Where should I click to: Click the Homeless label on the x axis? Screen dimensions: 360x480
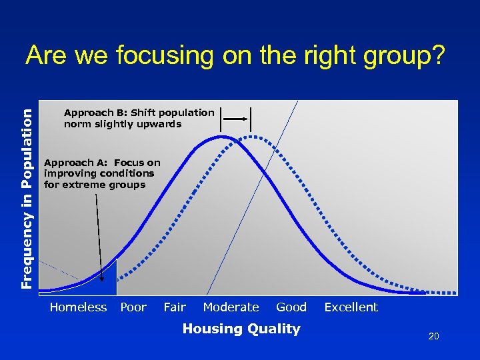78,307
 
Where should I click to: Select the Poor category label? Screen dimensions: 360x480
133,307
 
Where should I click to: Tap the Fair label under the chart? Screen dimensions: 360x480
175,307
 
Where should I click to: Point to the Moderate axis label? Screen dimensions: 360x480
231,307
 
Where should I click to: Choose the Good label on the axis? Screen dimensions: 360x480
291,307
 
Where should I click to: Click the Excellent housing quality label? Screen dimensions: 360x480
351,307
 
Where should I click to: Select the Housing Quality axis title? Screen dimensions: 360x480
241,328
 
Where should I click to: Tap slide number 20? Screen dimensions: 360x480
433,337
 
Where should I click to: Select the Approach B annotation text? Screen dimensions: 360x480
139,118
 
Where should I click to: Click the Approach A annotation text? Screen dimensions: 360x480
101,173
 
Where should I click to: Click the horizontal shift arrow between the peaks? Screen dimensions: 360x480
236,118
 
